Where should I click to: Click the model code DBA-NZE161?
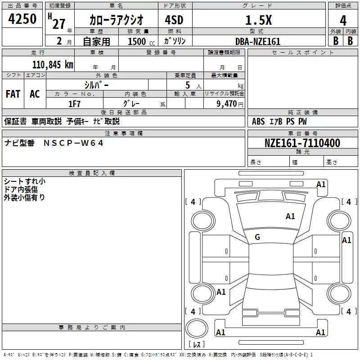(x=257, y=41)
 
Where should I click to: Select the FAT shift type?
(x=13, y=94)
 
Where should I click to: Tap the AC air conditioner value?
(x=35, y=94)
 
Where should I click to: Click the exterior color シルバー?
(x=96, y=85)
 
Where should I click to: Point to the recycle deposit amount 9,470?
(x=226, y=103)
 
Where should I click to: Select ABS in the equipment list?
(x=258, y=121)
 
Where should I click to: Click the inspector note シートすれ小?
(x=25, y=182)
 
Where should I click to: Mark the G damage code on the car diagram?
(x=257, y=237)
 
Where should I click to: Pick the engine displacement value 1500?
(x=137, y=41)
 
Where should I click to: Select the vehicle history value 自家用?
(x=96, y=41)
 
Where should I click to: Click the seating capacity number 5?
(x=187, y=85)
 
